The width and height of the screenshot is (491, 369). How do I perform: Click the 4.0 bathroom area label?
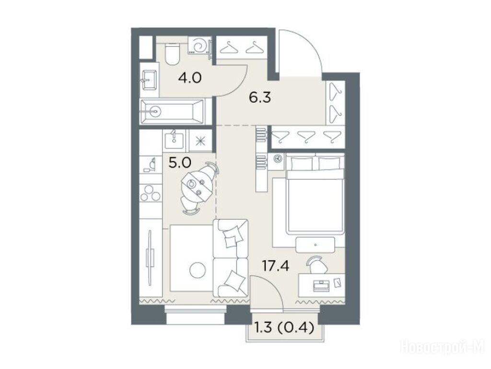coord(189,77)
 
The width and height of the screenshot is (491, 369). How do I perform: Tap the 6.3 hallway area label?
coord(259,98)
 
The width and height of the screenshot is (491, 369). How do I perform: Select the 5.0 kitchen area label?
coord(179,163)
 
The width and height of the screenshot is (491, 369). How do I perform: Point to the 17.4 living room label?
coord(276,266)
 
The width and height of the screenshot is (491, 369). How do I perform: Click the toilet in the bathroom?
coord(172,53)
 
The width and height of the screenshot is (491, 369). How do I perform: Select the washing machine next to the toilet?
coord(199,46)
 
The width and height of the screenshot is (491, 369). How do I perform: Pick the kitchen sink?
coord(174,140)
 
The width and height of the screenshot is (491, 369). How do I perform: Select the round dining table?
coord(197,187)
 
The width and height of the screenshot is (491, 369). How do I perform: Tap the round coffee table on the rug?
coord(198,270)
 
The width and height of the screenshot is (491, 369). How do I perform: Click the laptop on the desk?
coord(321,285)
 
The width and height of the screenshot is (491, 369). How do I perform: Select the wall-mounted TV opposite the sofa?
coord(150,258)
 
